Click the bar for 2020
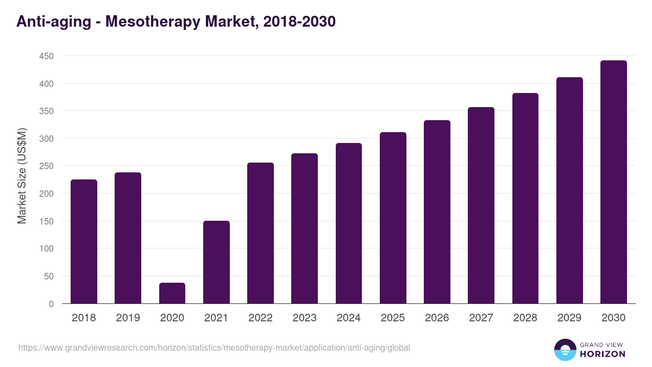point(172,293)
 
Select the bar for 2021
point(216,262)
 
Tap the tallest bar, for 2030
point(613,182)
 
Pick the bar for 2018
point(84,241)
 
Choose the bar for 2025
point(393,217)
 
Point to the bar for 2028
point(525,198)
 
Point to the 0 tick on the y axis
point(51,304)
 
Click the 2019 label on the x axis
point(128,318)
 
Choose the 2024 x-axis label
point(348,318)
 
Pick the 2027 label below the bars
point(481,318)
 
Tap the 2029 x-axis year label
point(569,318)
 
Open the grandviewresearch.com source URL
point(214,347)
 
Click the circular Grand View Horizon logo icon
point(565,350)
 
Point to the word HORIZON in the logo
point(603,354)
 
